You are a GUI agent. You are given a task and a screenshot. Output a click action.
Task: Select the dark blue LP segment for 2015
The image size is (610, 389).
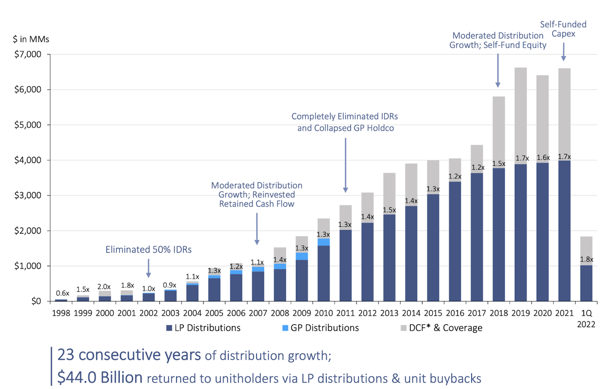click(x=433, y=247)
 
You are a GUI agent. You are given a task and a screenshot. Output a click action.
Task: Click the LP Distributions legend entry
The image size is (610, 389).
click(x=203, y=328)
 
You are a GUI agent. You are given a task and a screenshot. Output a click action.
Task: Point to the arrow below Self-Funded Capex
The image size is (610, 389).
click(x=563, y=52)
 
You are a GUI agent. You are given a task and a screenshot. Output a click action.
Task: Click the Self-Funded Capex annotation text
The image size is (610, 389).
click(x=563, y=30)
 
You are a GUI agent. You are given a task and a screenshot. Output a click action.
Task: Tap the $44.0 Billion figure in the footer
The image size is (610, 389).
click(x=100, y=377)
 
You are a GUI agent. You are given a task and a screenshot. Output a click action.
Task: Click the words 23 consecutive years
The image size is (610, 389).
click(x=130, y=355)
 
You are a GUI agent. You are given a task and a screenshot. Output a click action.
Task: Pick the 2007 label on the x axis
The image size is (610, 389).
click(x=258, y=314)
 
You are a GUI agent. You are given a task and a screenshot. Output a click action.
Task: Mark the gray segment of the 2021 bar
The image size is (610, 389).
click(x=563, y=110)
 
